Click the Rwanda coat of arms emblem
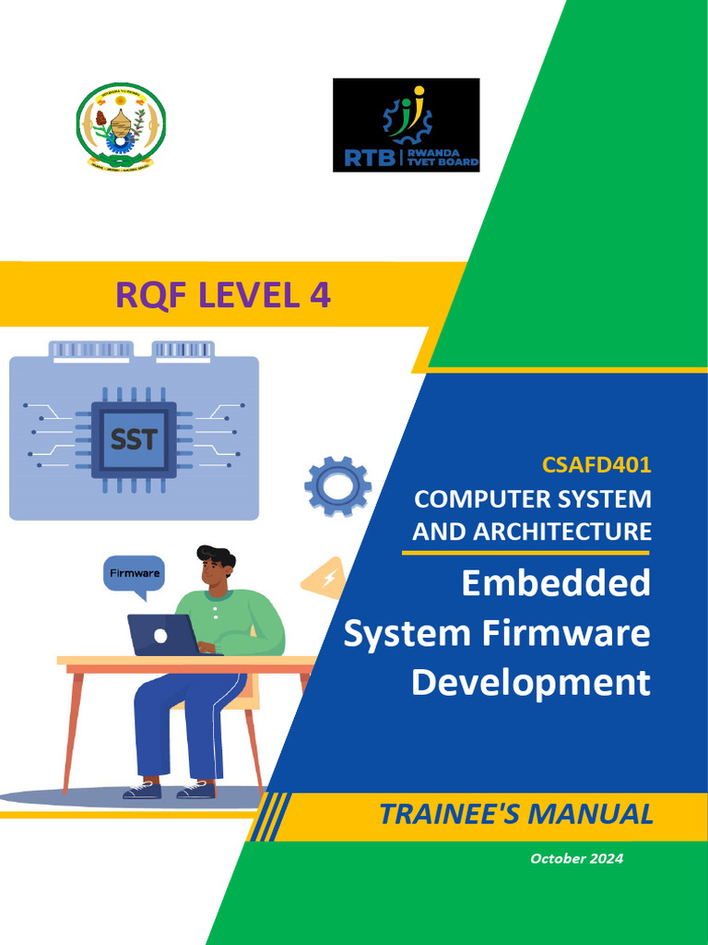pyautogui.click(x=121, y=126)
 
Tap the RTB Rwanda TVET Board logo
pyautogui.click(x=406, y=125)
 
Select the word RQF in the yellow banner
pyautogui.click(x=147, y=295)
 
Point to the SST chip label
pyautogui.click(x=134, y=439)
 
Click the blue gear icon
pyautogui.click(x=337, y=485)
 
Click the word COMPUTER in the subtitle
pyautogui.click(x=477, y=499)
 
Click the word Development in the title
pyautogui.click(x=530, y=683)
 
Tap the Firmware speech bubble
pyautogui.click(x=135, y=573)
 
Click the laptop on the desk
pyautogui.click(x=162, y=635)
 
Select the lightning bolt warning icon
pyautogui.click(x=325, y=580)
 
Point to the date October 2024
pyautogui.click(x=576, y=859)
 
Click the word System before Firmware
pyautogui.click(x=406, y=634)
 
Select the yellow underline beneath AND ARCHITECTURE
pyautogui.click(x=525, y=553)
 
